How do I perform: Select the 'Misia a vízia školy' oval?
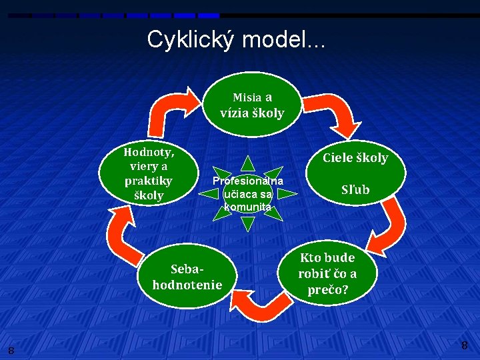(x=252, y=105)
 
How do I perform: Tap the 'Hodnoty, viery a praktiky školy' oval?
(x=149, y=173)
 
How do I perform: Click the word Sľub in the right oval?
(x=355, y=190)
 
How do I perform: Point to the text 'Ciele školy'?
(x=355, y=158)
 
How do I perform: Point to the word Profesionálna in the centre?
(x=247, y=181)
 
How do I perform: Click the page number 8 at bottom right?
(x=464, y=345)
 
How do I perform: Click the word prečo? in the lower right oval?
(x=327, y=290)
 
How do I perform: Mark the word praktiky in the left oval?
(x=148, y=181)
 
